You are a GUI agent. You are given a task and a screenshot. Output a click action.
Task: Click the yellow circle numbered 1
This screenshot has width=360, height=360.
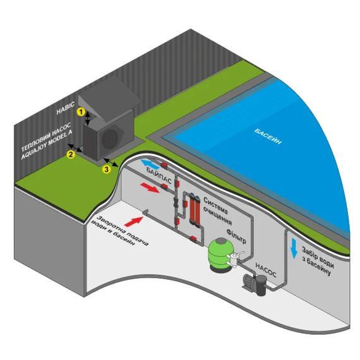(81, 112)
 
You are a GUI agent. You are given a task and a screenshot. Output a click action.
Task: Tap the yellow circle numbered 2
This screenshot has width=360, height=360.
(71, 154)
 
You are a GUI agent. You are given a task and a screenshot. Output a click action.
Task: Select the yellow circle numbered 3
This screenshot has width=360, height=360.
(106, 169)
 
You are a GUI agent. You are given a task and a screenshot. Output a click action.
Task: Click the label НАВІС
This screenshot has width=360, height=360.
(66, 108)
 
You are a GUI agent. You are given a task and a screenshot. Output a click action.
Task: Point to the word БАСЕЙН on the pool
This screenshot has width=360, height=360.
(268, 136)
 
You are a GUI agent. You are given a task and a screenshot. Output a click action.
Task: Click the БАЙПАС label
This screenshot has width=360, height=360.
(159, 176)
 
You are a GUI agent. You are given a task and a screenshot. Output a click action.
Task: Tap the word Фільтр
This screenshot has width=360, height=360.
(236, 236)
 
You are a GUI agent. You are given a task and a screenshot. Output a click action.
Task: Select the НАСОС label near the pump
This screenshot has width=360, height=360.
(266, 270)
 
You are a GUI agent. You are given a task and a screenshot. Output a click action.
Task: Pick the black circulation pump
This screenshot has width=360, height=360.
(255, 284)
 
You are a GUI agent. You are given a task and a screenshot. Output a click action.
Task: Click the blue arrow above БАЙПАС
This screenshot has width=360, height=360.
(150, 165)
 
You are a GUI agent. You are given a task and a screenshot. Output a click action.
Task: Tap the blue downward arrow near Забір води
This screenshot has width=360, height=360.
(294, 249)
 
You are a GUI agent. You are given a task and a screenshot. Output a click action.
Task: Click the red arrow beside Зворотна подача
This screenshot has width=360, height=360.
(133, 221)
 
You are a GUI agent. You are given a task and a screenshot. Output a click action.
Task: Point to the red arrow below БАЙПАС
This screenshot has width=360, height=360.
(150, 188)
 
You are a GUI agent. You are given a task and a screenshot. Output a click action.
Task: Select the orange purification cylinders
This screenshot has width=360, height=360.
(195, 210)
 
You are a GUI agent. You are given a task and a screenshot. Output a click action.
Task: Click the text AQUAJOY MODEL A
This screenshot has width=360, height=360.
(47, 147)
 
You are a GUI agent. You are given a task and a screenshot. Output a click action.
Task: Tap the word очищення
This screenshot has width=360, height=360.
(218, 217)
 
